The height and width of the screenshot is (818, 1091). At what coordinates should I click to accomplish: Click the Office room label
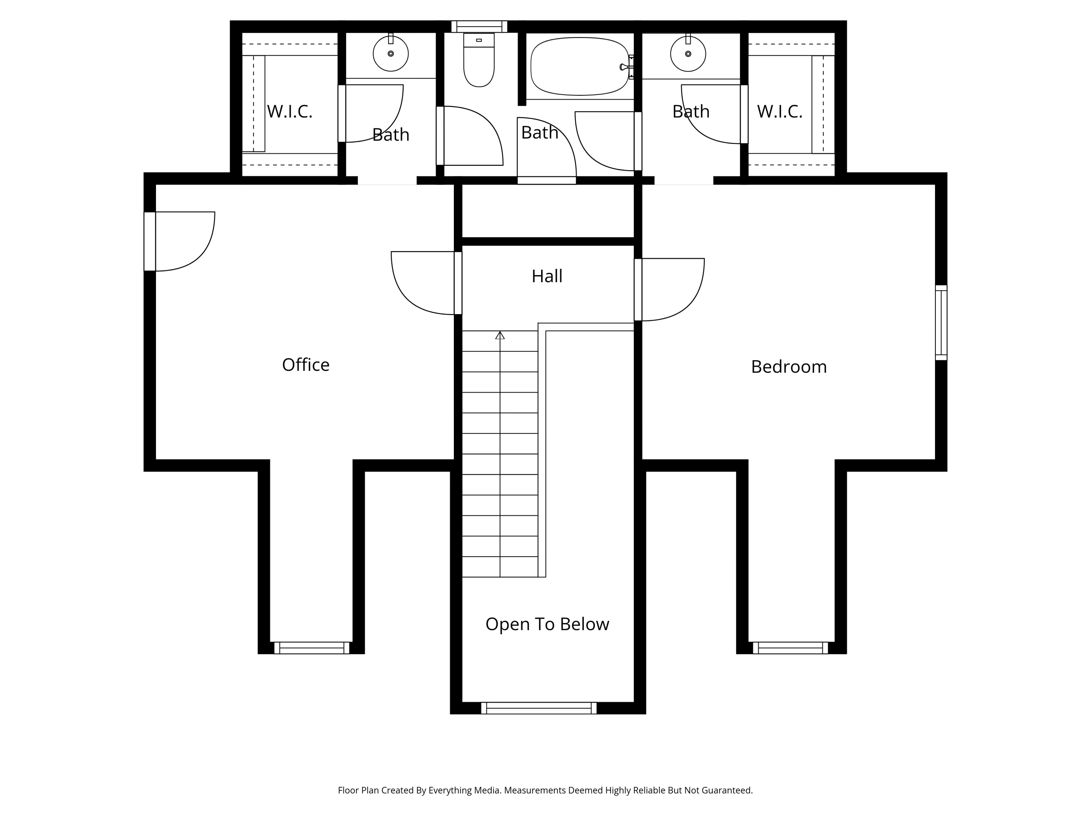coord(305,365)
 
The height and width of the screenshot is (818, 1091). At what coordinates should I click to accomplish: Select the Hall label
coord(547,276)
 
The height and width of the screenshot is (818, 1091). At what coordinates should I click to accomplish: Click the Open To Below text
coord(547,624)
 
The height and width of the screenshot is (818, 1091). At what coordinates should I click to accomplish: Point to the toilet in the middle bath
coord(479,62)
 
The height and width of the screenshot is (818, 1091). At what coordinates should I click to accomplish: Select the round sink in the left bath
coord(391,53)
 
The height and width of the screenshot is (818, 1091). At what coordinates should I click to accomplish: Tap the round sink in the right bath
coord(688,53)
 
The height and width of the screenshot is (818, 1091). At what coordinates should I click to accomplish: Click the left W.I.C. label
coord(289,112)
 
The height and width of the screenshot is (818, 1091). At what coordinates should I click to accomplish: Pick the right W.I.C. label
coord(779,112)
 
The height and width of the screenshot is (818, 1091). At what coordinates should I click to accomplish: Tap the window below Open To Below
coord(539,708)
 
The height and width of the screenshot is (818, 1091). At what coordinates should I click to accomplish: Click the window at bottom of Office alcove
coord(311,648)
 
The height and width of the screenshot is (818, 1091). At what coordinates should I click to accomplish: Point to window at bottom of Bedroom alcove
coord(790,648)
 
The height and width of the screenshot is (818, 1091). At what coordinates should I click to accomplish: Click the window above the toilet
coord(479,26)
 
